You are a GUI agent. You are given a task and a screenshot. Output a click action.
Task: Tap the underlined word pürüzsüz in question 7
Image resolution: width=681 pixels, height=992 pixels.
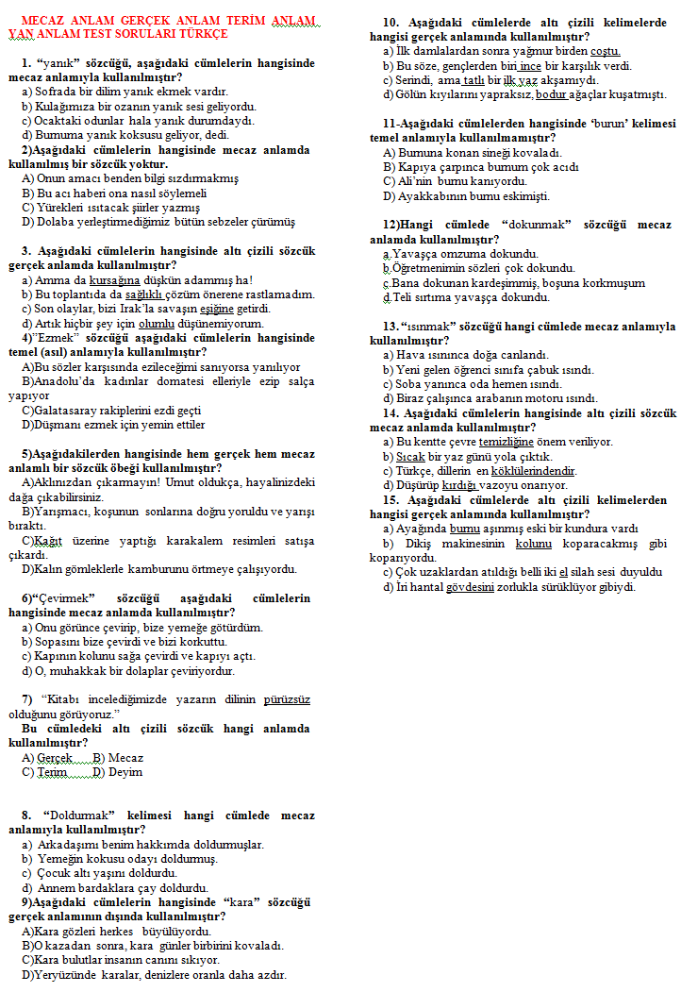288,699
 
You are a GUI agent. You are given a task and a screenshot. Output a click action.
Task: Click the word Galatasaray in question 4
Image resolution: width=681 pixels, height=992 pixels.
72,411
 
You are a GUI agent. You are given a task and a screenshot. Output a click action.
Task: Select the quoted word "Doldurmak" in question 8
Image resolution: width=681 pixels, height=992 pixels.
78,815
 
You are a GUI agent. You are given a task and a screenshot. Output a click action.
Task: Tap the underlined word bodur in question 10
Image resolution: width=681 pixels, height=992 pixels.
552,94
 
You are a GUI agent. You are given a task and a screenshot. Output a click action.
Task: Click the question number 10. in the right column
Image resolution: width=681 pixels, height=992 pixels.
390,22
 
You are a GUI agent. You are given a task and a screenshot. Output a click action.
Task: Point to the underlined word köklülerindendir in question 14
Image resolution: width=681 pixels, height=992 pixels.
532,470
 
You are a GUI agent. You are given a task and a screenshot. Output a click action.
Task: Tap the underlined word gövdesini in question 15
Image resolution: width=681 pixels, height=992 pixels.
473,586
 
